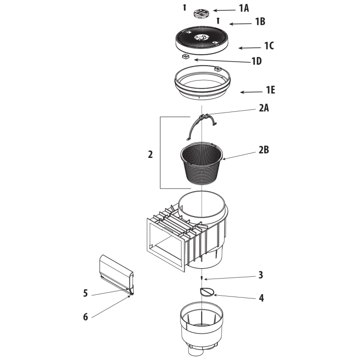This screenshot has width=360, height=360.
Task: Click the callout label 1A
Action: tap(244, 8)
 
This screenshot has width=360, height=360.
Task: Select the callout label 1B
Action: tap(261, 22)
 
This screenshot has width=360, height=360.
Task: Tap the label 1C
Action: tap(269, 46)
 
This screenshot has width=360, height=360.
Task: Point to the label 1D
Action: tap(256, 61)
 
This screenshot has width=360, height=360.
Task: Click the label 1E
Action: tap(270, 90)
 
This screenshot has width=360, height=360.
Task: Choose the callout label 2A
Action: tap(264, 108)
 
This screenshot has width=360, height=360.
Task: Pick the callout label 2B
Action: tap(264, 150)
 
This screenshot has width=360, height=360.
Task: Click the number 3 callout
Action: tap(261, 275)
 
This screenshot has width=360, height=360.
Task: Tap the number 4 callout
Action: tap(261, 298)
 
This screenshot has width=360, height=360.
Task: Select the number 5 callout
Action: tap(85, 293)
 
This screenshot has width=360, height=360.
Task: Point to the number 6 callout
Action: tap(85, 317)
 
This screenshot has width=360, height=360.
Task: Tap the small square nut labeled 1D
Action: tap(185, 57)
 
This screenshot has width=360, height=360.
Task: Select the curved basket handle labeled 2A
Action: tap(193, 127)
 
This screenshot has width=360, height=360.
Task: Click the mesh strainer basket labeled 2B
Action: tap(202, 163)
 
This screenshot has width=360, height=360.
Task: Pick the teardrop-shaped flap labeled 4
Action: tap(207, 292)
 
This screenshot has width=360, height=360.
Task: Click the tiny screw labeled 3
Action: tap(202, 278)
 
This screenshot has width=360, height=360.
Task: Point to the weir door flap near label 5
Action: tap(117, 274)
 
